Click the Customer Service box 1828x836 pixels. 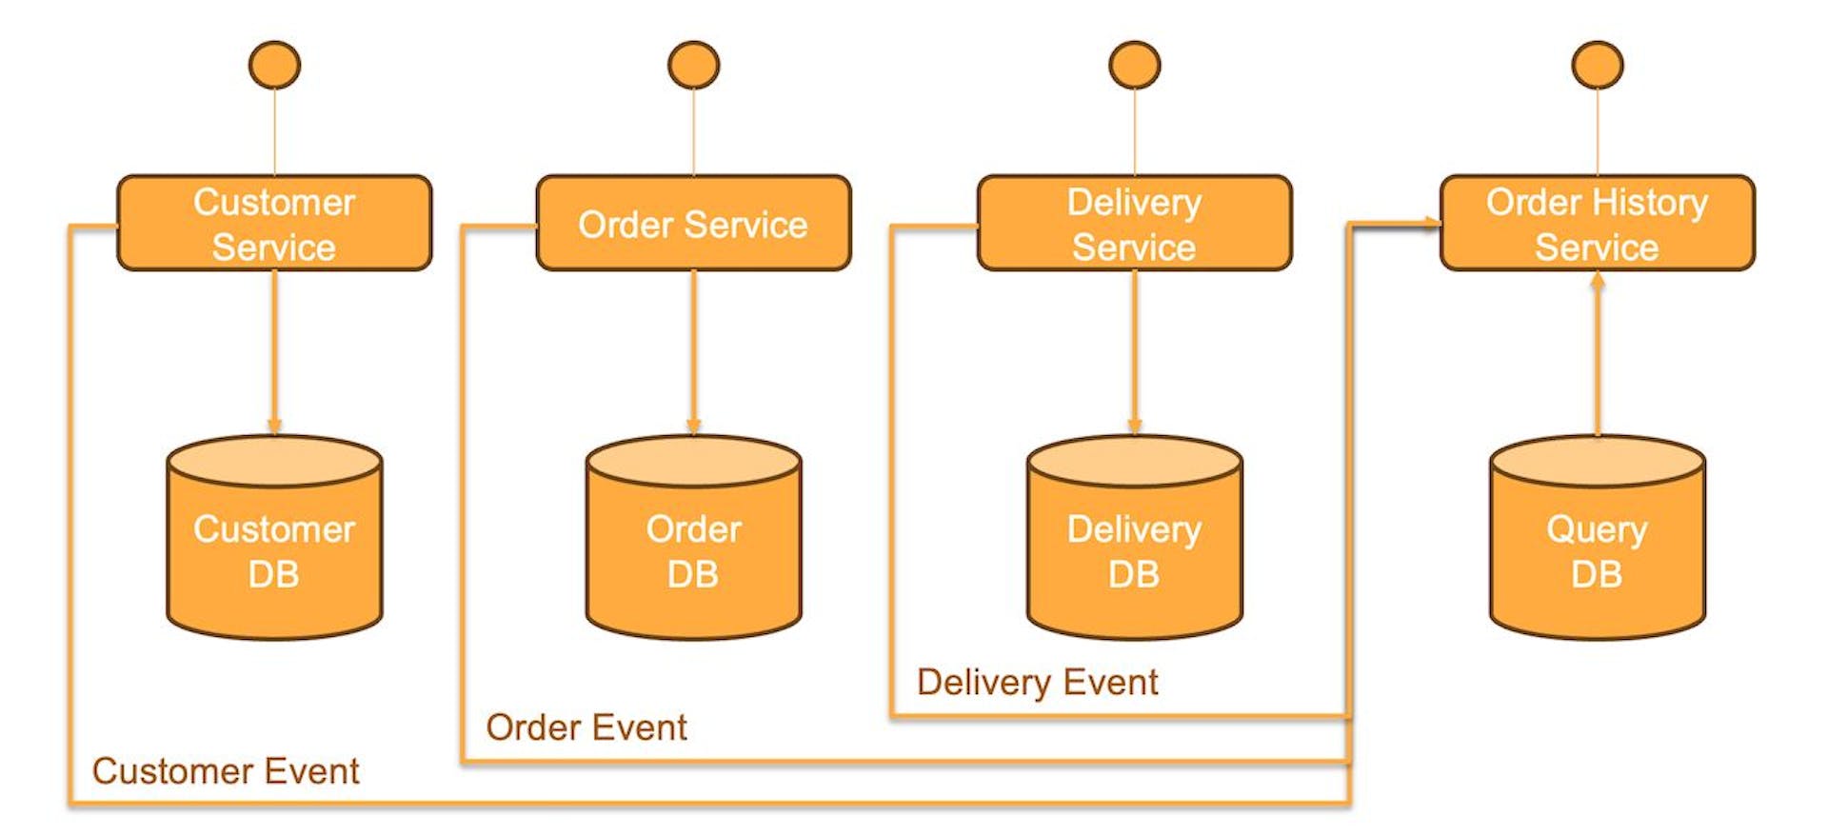pyautogui.click(x=274, y=224)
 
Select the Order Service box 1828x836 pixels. pyautogui.click(x=693, y=224)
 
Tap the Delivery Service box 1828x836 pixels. pyautogui.click(x=1134, y=224)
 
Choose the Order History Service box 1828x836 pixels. pyautogui.click(x=1597, y=224)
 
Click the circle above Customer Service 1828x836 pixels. pyautogui.click(x=274, y=65)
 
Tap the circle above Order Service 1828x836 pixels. pyautogui.click(x=693, y=65)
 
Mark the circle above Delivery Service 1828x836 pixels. pyautogui.click(x=1134, y=65)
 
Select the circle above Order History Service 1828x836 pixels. pyautogui.click(x=1597, y=65)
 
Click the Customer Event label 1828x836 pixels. pyautogui.click(x=226, y=771)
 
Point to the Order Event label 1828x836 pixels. pyautogui.click(x=586, y=727)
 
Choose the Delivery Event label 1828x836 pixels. pyautogui.click(x=1037, y=682)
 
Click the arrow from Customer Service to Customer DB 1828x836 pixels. pyautogui.click(x=274, y=352)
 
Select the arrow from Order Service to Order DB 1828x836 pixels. pyautogui.click(x=693, y=352)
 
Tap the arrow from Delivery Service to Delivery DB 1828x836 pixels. pyautogui.click(x=1134, y=352)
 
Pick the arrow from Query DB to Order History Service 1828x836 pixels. pyautogui.click(x=1597, y=357)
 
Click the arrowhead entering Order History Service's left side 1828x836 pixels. pyautogui.click(x=1431, y=224)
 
